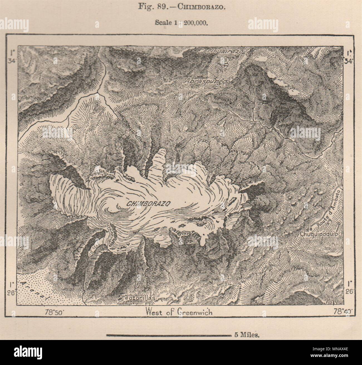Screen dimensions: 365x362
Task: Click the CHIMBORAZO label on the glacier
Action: (x=148, y=203)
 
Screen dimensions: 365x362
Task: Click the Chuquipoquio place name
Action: (x=319, y=234)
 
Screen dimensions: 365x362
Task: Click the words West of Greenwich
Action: (x=179, y=312)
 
